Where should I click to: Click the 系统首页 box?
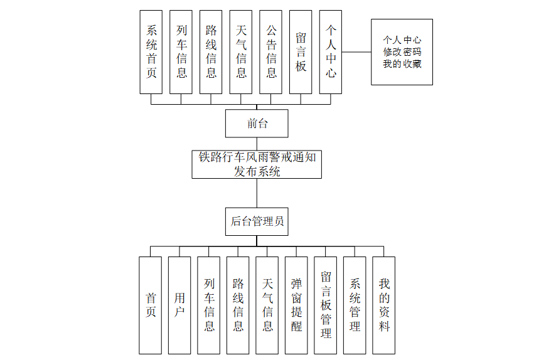(x=151, y=52)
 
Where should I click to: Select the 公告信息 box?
(x=271, y=52)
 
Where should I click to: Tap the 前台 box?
(x=257, y=123)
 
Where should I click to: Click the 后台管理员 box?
(x=257, y=221)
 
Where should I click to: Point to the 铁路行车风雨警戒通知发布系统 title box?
(x=257, y=164)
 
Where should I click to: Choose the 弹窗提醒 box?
(x=296, y=305)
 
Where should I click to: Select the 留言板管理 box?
(x=326, y=305)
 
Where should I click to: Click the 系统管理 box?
(x=355, y=305)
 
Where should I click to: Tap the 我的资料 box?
(x=384, y=305)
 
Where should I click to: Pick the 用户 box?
(x=179, y=305)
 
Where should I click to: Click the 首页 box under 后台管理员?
(x=151, y=305)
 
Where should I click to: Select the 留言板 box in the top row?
(x=301, y=52)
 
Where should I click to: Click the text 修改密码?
(x=402, y=52)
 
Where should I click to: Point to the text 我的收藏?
(x=402, y=64)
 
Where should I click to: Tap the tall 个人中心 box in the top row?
(x=331, y=52)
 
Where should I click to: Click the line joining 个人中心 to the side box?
(x=356, y=52)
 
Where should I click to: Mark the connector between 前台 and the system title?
(x=257, y=144)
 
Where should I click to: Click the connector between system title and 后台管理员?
(x=257, y=193)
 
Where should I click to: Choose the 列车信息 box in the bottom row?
(x=209, y=305)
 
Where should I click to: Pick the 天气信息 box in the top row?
(x=241, y=52)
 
